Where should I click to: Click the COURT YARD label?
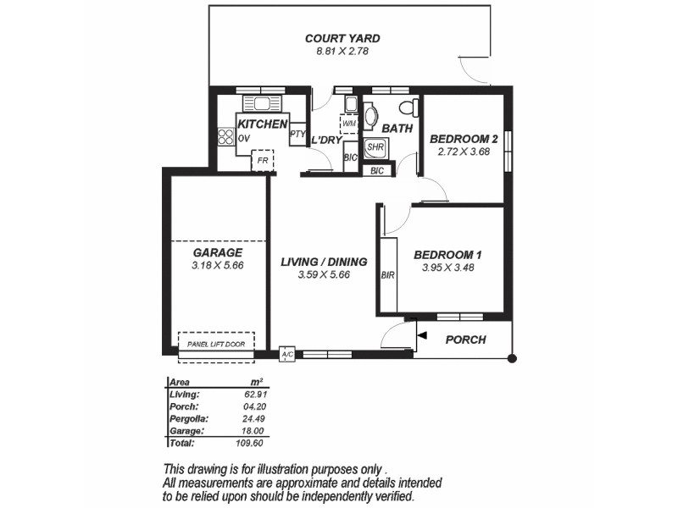(342, 38)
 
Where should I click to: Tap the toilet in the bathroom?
(408, 108)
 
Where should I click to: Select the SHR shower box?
(375, 146)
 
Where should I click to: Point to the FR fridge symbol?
(263, 160)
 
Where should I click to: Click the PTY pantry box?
(297, 135)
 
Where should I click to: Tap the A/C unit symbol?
(286, 354)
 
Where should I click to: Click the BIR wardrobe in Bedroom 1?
(388, 275)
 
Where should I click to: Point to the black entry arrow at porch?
(420, 339)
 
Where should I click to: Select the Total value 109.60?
(251, 443)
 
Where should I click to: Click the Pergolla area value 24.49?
(251, 418)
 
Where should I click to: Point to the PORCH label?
(465, 340)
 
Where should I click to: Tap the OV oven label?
(244, 138)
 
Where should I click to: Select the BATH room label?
(397, 129)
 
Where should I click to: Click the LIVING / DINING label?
(324, 262)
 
